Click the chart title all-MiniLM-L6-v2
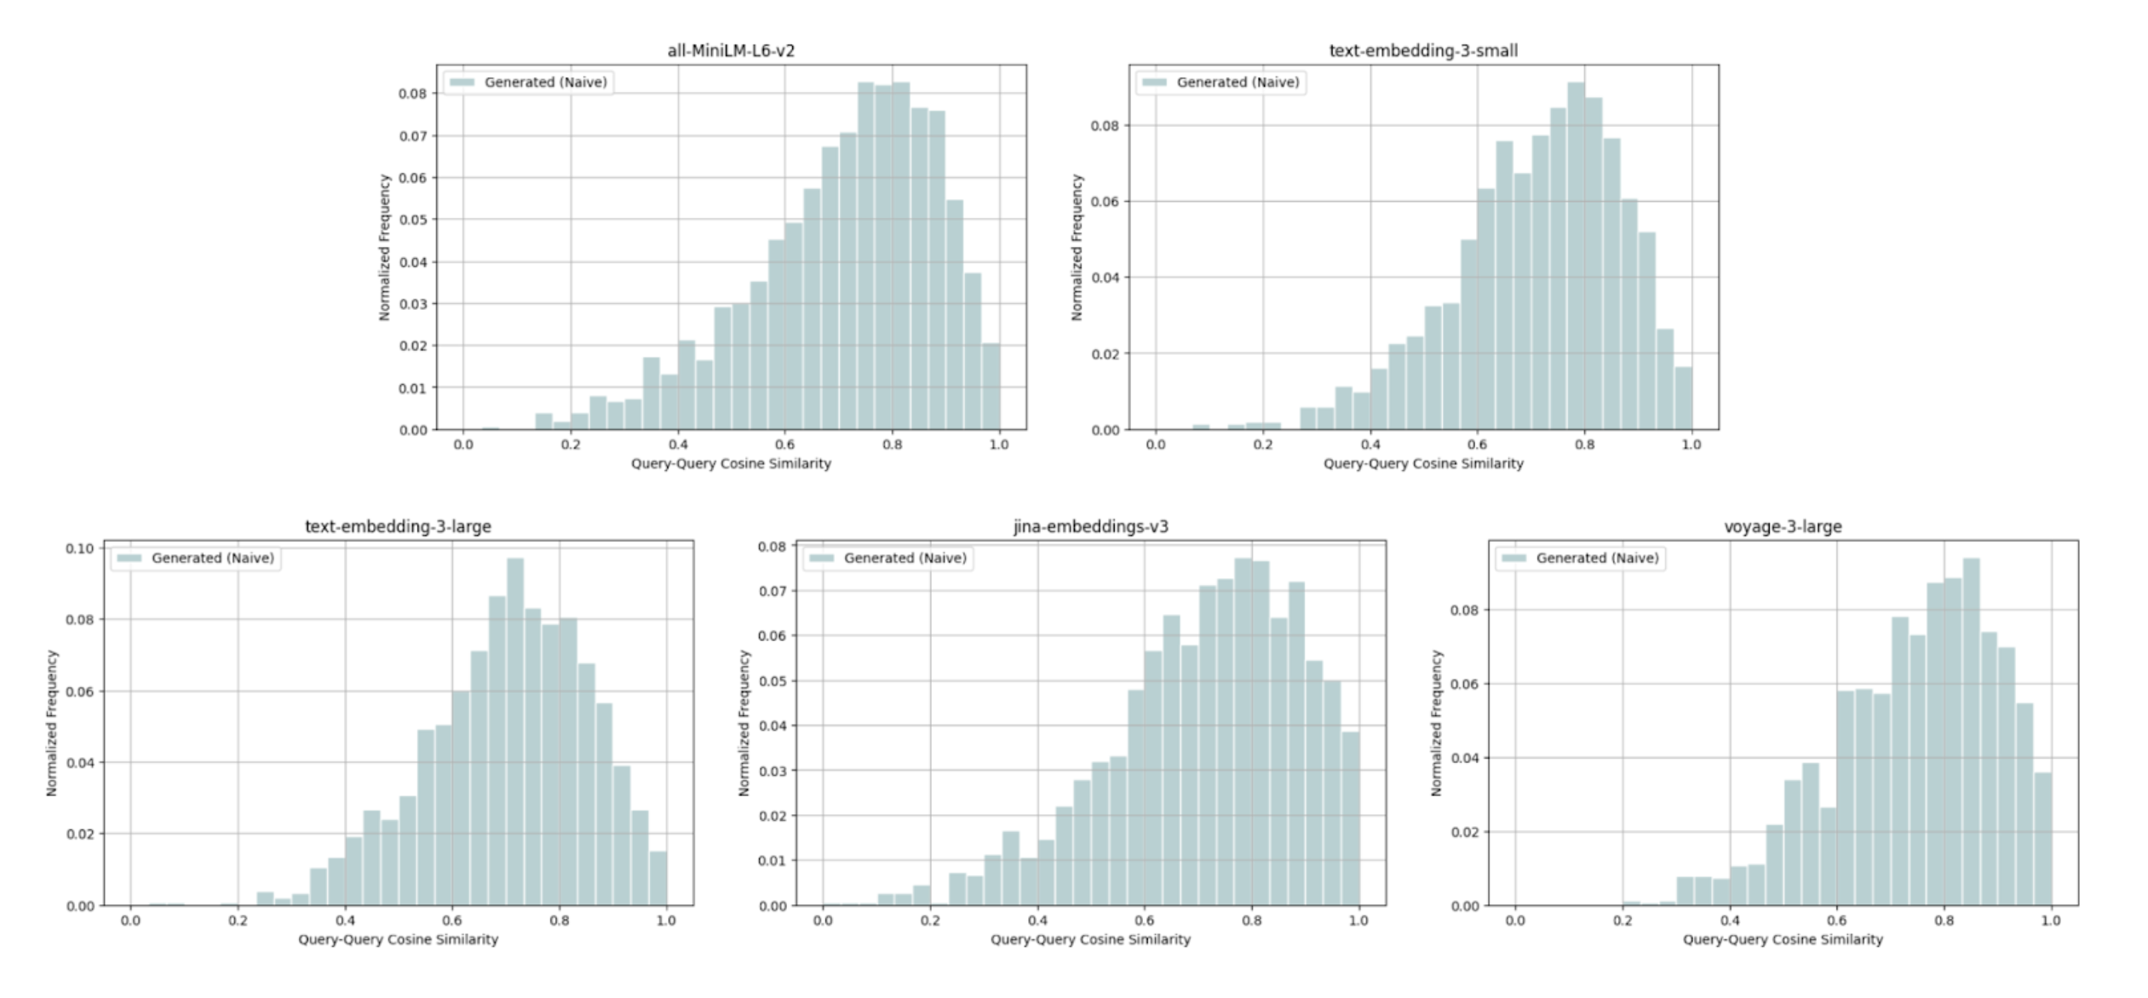click(x=731, y=51)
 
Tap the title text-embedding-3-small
click(x=1423, y=51)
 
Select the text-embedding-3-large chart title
click(x=398, y=527)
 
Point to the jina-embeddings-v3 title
click(x=1090, y=527)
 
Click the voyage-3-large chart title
click(x=1783, y=527)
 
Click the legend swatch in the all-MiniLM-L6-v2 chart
click(x=462, y=83)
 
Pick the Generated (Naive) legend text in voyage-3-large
click(x=1597, y=559)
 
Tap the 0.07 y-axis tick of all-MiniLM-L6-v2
click(x=412, y=136)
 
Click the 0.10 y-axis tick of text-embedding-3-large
click(x=80, y=548)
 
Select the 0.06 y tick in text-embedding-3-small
click(x=1105, y=202)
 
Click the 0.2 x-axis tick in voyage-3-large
click(x=1622, y=921)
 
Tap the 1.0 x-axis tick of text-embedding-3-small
click(x=1691, y=445)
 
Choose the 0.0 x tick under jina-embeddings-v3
click(x=823, y=921)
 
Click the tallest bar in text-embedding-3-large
click(x=515, y=732)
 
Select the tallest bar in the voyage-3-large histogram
click(x=1971, y=732)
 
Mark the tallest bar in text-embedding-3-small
click(x=1576, y=255)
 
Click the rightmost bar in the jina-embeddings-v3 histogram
click(x=1351, y=817)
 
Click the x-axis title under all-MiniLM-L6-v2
click(x=731, y=464)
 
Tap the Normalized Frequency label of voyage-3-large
click(x=1437, y=723)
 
